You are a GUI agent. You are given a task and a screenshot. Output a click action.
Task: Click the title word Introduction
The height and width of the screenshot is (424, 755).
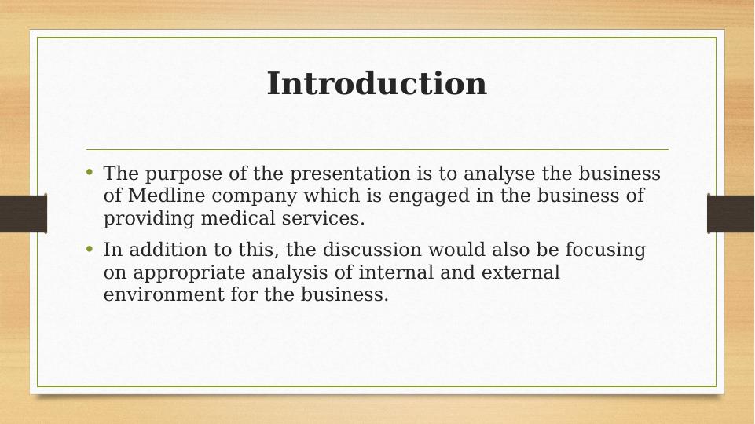point(376,84)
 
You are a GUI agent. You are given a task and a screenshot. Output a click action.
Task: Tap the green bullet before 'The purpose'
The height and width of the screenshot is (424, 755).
point(90,171)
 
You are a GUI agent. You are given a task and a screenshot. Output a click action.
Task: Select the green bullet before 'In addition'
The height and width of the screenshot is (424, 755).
point(90,249)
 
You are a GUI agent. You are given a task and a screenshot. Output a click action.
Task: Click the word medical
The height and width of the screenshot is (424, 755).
point(239,218)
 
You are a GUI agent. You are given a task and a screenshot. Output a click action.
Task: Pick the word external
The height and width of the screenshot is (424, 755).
point(522,272)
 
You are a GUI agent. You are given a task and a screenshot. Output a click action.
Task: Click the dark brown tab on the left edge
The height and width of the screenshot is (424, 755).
point(23,214)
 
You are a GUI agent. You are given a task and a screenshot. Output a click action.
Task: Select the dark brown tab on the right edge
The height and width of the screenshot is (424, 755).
point(731,214)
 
